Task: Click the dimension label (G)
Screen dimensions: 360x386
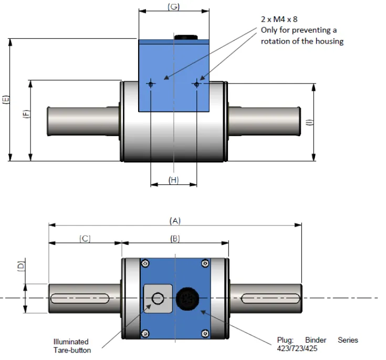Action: coord(173,7)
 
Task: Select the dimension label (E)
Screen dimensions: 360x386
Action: coord(6,100)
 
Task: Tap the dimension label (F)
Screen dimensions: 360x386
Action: coord(26,114)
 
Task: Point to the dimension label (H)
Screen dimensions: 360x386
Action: coord(173,180)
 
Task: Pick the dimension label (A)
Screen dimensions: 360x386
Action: coord(174,221)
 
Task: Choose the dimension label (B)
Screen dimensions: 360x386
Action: coord(175,239)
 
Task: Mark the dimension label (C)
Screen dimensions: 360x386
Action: coord(85,239)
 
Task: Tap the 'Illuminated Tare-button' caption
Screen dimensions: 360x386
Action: coord(72,346)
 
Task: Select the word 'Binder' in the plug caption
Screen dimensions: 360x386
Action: coord(316,340)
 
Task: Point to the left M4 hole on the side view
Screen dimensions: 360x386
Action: coord(151,84)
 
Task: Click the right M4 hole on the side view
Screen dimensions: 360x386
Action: coord(196,84)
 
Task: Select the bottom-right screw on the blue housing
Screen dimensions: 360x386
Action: coord(204,332)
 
